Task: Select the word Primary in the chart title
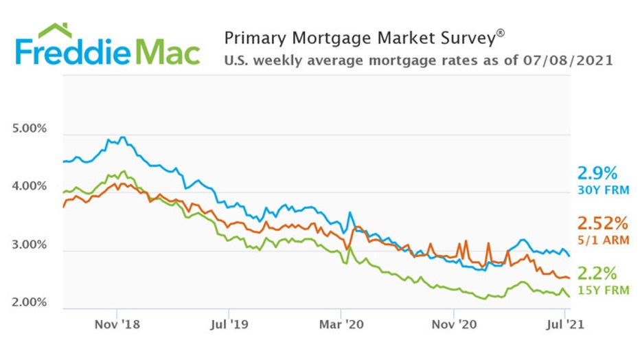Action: pos(254,38)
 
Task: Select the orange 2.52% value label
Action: pos(602,224)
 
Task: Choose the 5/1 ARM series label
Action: pos(602,240)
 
